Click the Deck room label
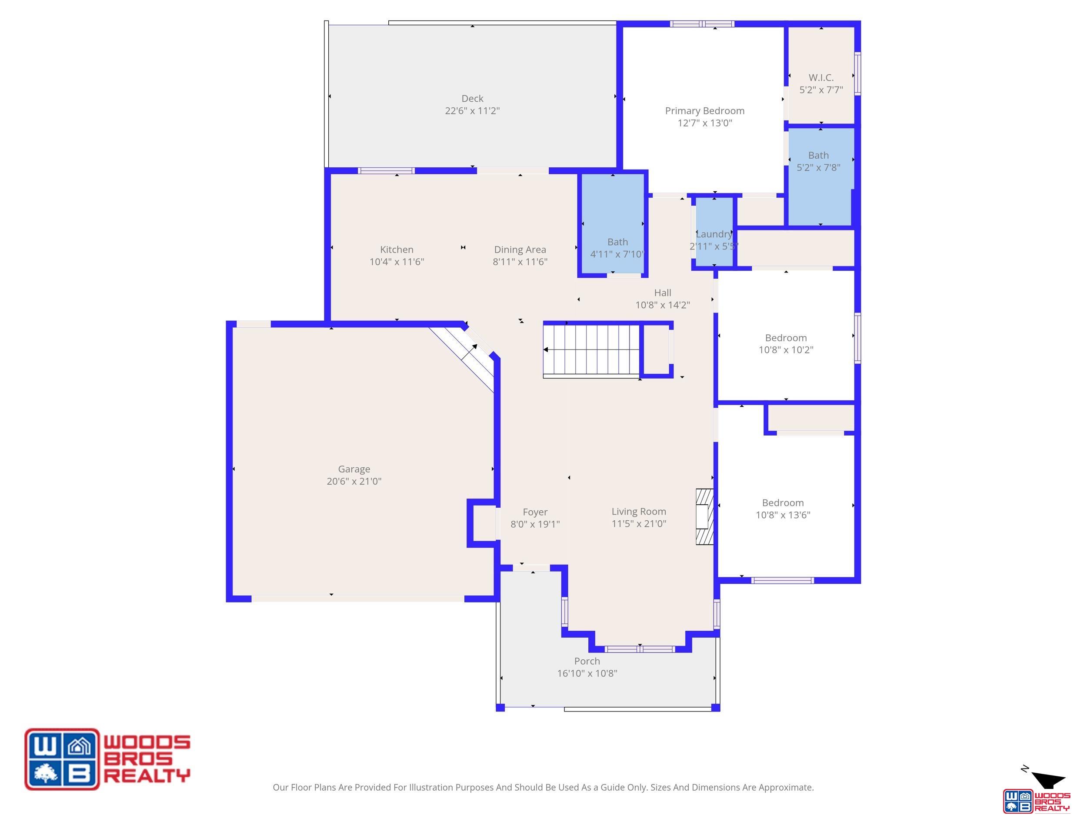tap(472, 99)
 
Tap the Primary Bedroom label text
tap(705, 111)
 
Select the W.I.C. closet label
tap(821, 78)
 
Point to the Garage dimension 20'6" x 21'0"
tap(354, 482)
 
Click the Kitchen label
tap(397, 249)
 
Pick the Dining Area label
tap(520, 249)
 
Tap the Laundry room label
tap(714, 234)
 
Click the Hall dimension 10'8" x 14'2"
tap(663, 305)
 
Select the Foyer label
tap(535, 512)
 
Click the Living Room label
tap(639, 512)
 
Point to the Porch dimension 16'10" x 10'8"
tap(587, 674)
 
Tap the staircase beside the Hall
tap(591, 350)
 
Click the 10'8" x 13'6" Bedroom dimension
tap(783, 515)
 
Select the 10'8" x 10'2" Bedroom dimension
tap(786, 350)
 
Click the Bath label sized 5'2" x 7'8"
tap(818, 155)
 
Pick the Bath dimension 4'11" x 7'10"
tap(617, 254)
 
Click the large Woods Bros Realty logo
tap(107, 759)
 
